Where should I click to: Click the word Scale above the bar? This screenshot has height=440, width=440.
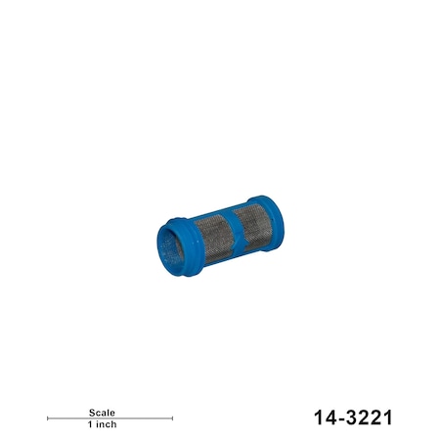(102, 413)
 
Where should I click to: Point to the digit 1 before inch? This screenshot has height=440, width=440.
(89, 425)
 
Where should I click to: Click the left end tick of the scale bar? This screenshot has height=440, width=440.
(48, 418)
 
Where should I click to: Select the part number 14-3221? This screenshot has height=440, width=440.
(353, 418)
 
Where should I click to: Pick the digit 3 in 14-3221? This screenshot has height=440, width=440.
(352, 418)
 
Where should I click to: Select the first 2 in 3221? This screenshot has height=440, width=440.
(364, 418)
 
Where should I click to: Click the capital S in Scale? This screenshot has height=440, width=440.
(90, 413)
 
